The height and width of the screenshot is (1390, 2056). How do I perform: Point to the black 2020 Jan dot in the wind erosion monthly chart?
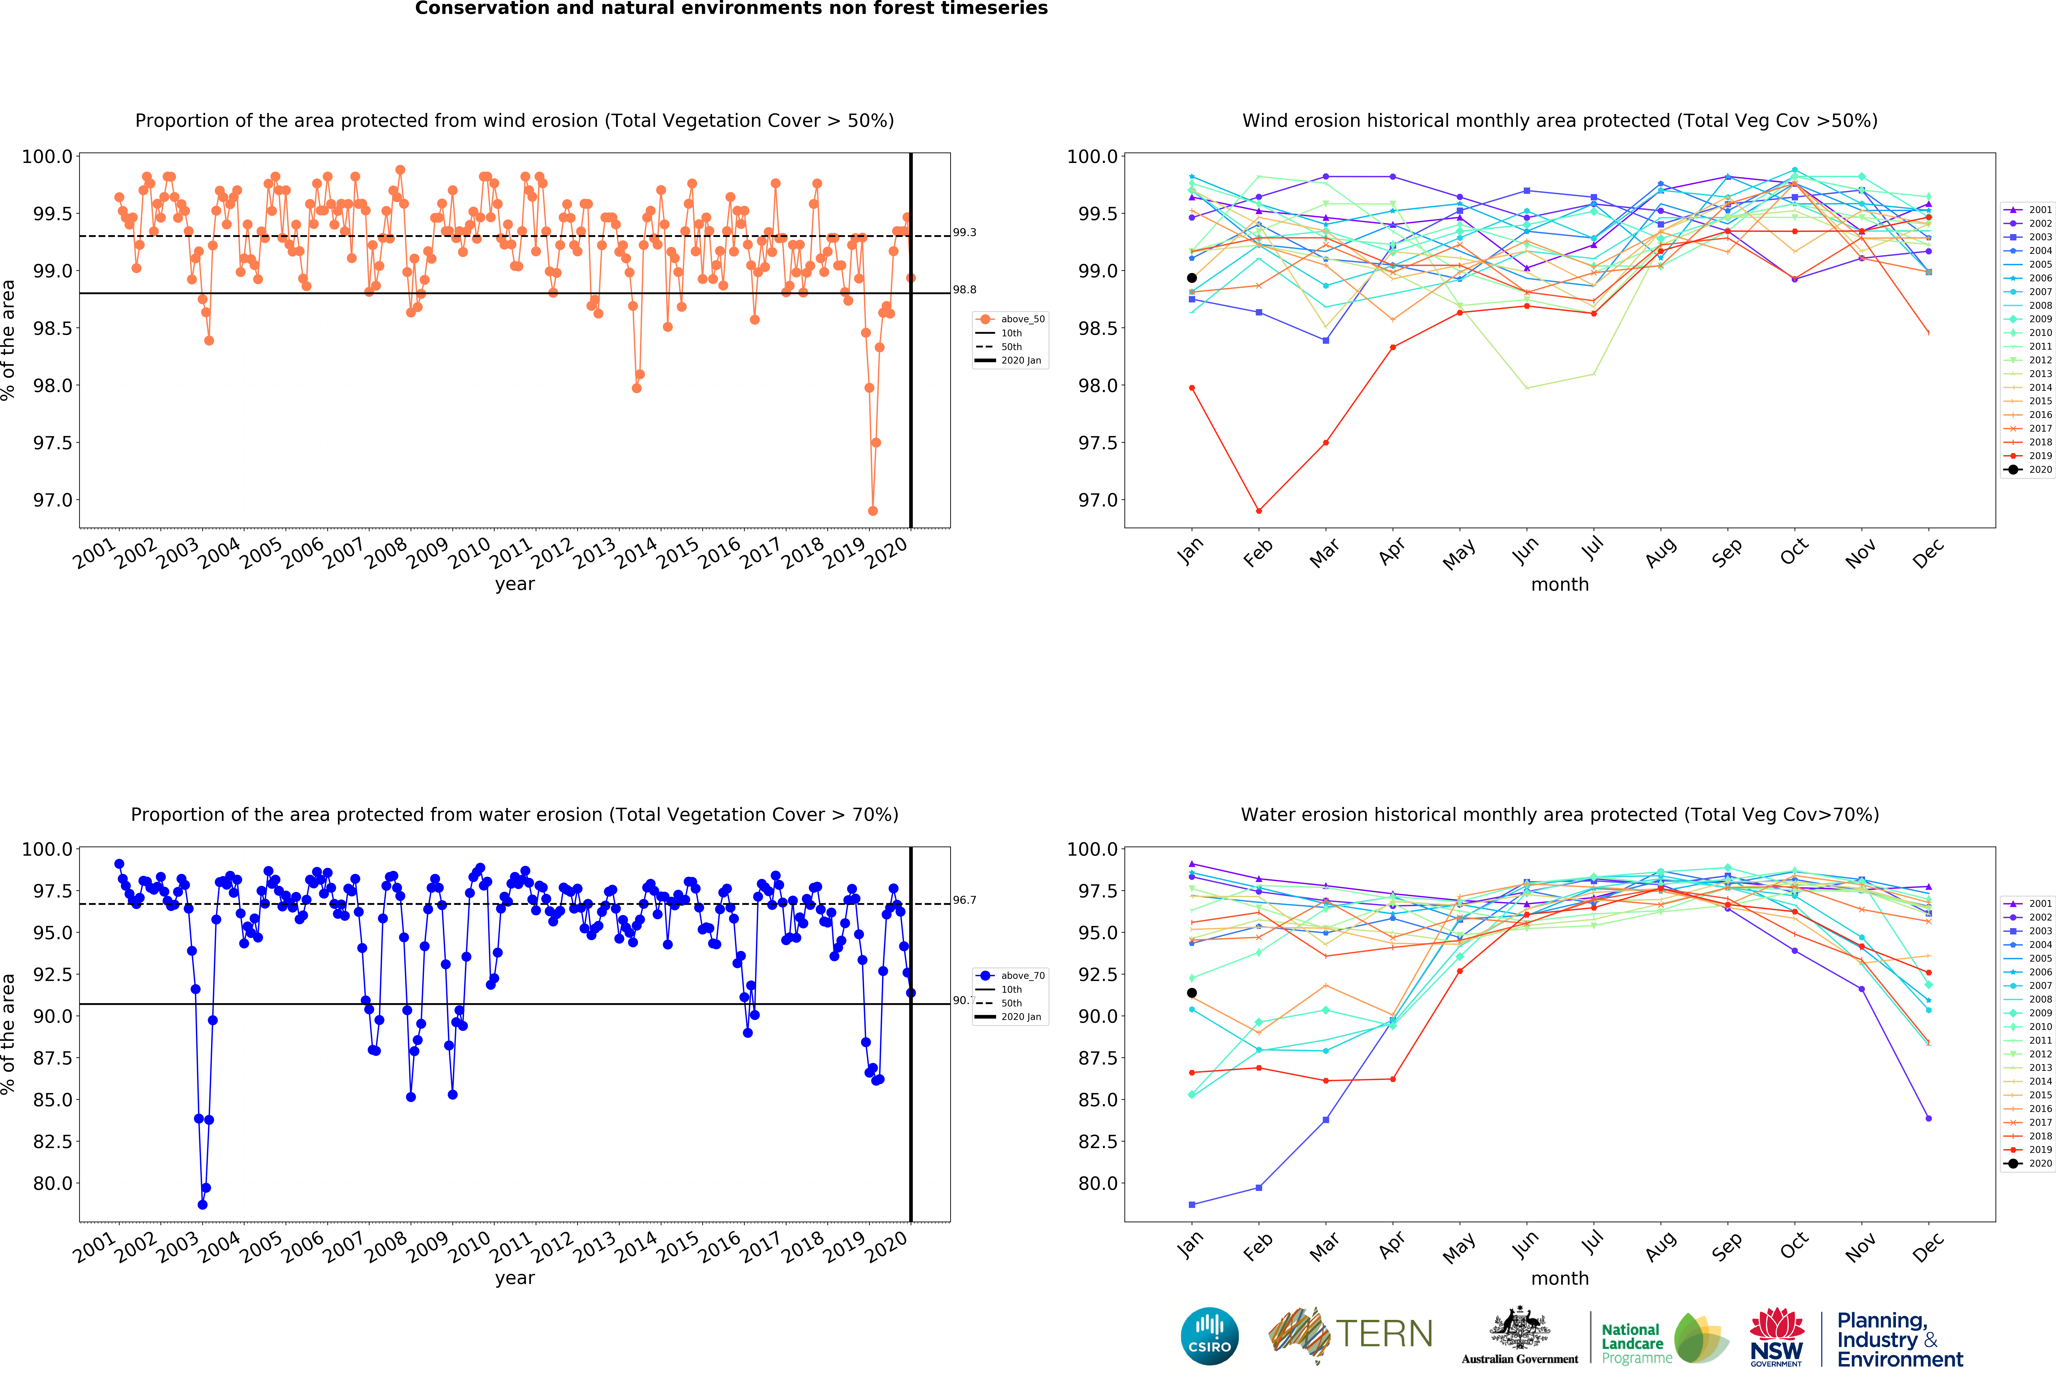tap(1192, 278)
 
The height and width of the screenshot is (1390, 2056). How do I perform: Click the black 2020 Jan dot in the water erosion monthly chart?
tap(1192, 993)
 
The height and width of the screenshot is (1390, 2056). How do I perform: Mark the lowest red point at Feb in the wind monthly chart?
tap(1259, 511)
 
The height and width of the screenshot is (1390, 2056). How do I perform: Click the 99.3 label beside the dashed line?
tap(964, 233)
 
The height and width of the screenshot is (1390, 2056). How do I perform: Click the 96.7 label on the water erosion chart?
tap(964, 900)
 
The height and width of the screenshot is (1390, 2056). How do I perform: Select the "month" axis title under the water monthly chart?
tap(1560, 1279)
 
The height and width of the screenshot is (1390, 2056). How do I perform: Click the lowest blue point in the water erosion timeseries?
tap(202, 1204)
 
